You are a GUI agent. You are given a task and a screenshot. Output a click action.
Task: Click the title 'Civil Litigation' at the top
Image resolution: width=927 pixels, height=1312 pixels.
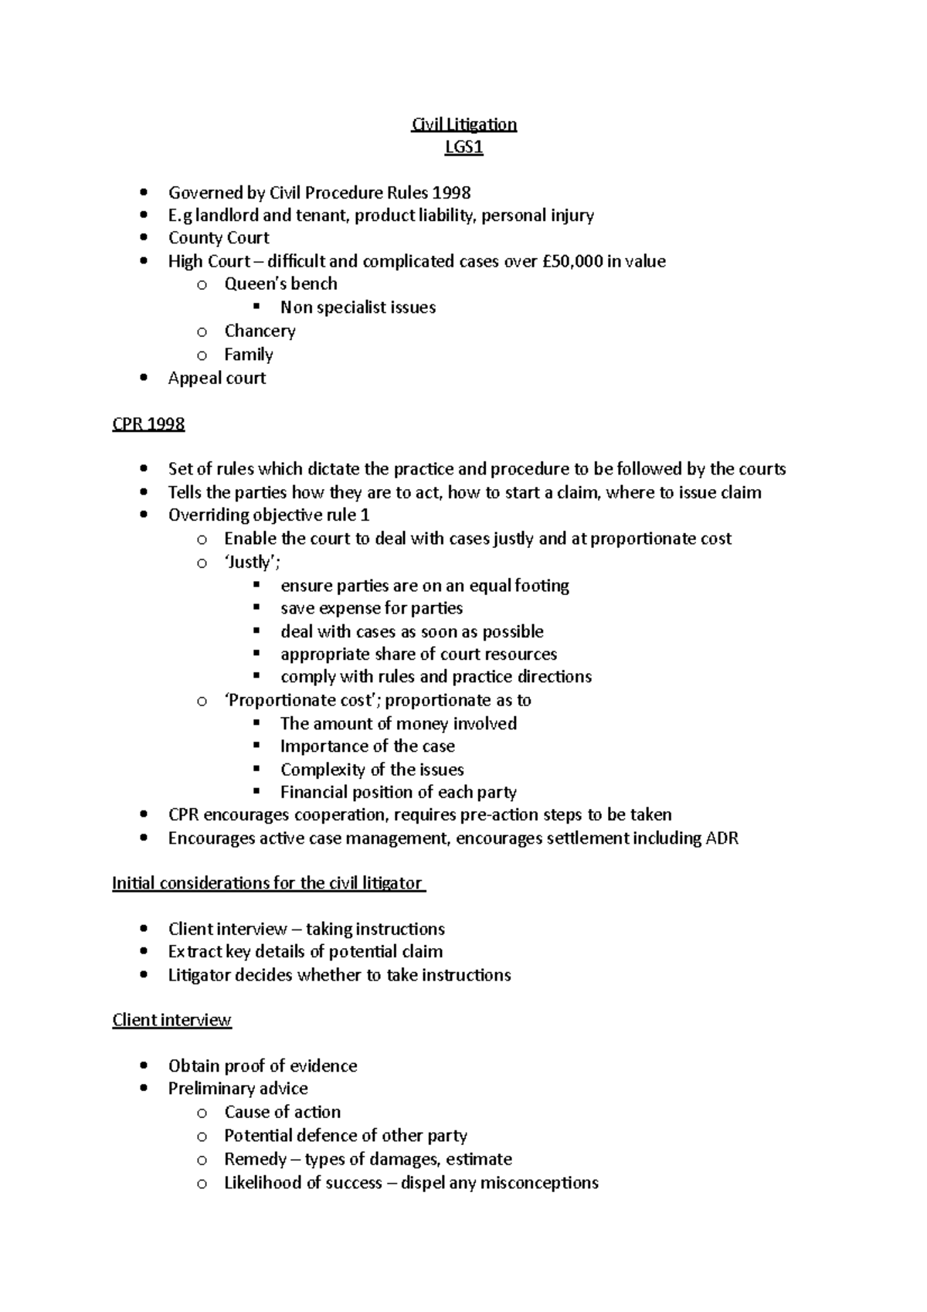(x=463, y=124)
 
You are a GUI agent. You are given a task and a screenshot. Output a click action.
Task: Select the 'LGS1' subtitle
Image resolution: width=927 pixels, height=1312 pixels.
(x=463, y=148)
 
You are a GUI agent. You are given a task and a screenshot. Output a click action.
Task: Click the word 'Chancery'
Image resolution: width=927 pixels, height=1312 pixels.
(x=260, y=331)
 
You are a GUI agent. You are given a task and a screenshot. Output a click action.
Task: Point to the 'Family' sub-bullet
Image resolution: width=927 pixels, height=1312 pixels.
(x=248, y=355)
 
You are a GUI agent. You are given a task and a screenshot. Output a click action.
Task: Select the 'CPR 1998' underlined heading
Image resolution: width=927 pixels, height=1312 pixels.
(x=148, y=424)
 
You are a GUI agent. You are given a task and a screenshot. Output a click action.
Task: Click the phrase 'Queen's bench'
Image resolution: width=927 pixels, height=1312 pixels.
(x=280, y=284)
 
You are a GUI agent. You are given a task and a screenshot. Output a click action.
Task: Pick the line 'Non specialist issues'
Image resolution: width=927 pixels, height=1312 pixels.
(x=358, y=308)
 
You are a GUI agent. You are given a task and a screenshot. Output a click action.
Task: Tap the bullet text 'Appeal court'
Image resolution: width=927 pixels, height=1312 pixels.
(x=217, y=378)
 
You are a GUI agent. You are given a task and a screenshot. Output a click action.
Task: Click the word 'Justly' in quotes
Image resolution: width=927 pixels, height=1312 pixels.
(x=250, y=562)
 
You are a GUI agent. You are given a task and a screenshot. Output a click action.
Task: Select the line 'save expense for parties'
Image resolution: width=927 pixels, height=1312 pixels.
(x=372, y=608)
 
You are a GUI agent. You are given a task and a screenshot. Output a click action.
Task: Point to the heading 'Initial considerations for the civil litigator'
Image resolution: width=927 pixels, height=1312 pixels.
(x=268, y=883)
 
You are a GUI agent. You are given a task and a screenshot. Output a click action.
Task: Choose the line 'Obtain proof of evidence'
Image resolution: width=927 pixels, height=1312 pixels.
(x=263, y=1066)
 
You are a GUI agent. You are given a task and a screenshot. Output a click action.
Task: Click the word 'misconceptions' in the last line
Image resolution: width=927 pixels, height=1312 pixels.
(x=539, y=1182)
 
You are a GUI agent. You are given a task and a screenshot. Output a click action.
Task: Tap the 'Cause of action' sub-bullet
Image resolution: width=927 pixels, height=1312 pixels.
(x=282, y=1112)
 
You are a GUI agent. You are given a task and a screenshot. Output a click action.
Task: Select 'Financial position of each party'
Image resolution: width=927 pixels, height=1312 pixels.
(x=398, y=792)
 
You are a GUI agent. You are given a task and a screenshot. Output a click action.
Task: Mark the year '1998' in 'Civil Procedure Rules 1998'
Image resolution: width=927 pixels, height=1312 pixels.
(x=451, y=192)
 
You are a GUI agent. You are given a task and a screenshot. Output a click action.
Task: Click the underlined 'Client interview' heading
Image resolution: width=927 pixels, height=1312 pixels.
(x=171, y=1020)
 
